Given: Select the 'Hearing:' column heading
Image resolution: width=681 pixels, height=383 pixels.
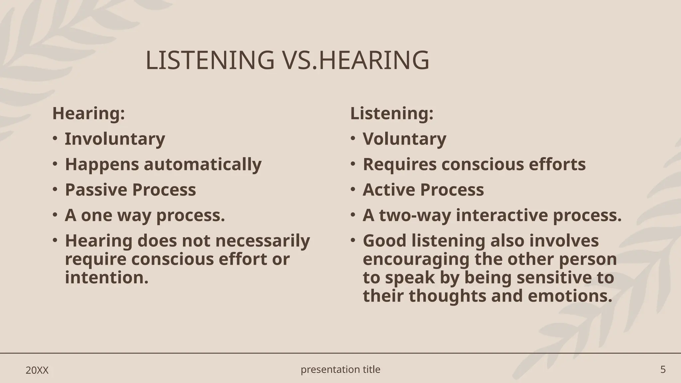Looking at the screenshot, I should click(x=88, y=113).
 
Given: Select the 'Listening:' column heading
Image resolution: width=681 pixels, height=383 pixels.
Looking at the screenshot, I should click(x=392, y=113).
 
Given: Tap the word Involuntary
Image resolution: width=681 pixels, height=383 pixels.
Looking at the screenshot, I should click(x=115, y=139).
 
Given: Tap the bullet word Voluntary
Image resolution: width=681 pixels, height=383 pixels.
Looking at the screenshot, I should click(x=404, y=139).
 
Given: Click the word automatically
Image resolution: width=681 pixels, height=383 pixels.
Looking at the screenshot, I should click(x=203, y=165).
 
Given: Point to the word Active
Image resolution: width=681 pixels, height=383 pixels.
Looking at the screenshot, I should click(x=389, y=190).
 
